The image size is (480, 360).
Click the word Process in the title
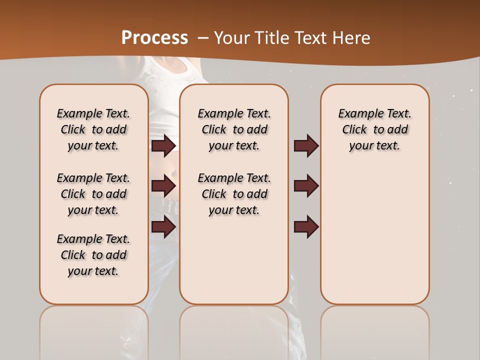coord(154,37)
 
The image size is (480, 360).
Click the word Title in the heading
coord(273,38)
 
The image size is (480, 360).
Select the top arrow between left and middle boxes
coord(163,145)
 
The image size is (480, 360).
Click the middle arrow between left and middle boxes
coord(163,186)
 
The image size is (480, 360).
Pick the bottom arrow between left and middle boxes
coord(163,226)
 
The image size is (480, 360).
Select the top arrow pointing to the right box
coord(306,145)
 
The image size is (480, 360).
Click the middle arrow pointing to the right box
coord(306,186)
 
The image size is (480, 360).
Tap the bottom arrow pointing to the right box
coord(306,226)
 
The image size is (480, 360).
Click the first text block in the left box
coord(93,129)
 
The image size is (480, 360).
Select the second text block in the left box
coord(93,194)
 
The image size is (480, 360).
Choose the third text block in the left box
coord(93,255)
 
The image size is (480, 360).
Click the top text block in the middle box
coord(234,129)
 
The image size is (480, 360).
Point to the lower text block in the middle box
coord(234,194)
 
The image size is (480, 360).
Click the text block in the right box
coord(374,129)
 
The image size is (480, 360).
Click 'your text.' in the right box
coord(374,145)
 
